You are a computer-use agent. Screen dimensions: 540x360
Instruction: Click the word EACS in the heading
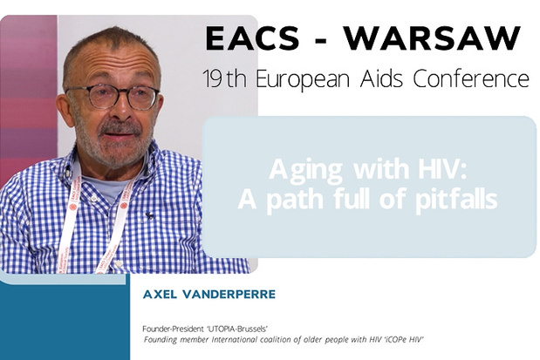click(252, 38)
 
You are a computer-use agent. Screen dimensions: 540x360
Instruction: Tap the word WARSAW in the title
click(432, 38)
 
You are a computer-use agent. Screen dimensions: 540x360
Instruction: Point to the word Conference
click(471, 78)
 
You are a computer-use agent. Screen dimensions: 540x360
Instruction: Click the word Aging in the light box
click(306, 170)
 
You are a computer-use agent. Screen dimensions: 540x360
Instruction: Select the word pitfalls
click(456, 199)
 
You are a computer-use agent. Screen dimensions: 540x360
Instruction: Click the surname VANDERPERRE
click(229, 295)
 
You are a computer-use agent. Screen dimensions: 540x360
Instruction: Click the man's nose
click(120, 108)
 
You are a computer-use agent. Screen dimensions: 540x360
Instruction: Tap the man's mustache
click(120, 127)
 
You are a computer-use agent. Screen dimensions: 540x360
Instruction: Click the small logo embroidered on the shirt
click(149, 216)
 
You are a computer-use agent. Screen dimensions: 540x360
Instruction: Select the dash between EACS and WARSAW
click(321, 40)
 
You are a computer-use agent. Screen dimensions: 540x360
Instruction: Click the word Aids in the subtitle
click(382, 78)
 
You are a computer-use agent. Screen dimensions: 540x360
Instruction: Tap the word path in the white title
click(295, 200)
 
